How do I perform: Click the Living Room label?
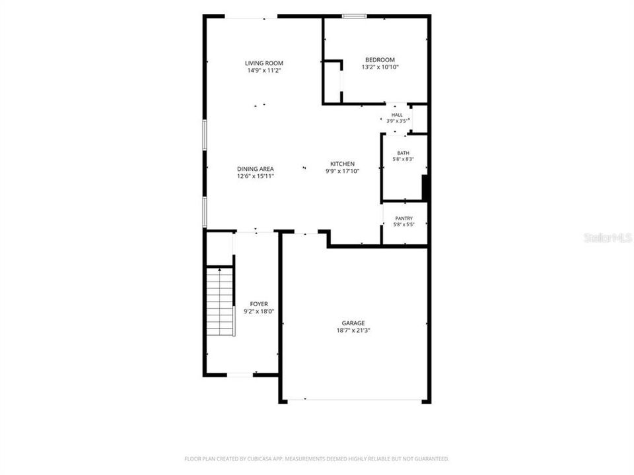coord(264,63)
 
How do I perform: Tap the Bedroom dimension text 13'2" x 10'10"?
coord(380,67)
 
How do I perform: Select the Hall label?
coord(397,115)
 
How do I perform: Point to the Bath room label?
coord(403,153)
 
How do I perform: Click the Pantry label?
coord(404,218)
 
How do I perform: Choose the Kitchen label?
coord(343,164)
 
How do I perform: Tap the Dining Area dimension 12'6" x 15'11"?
coord(256,176)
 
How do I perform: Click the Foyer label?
coord(259,304)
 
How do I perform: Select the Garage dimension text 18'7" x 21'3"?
coord(353,331)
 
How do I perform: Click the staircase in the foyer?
coord(221,301)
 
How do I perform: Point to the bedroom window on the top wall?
coord(354,16)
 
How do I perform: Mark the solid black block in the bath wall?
coord(425,187)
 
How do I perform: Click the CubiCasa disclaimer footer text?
coord(316,459)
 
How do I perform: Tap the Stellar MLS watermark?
coord(608,238)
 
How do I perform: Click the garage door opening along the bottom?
coord(354,400)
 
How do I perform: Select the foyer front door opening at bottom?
coord(240,375)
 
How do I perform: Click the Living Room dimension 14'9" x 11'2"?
coord(264,71)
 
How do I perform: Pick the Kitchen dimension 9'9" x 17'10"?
coord(343,171)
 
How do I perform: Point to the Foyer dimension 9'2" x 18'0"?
coord(259,311)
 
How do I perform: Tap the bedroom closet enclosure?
coord(333,82)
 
